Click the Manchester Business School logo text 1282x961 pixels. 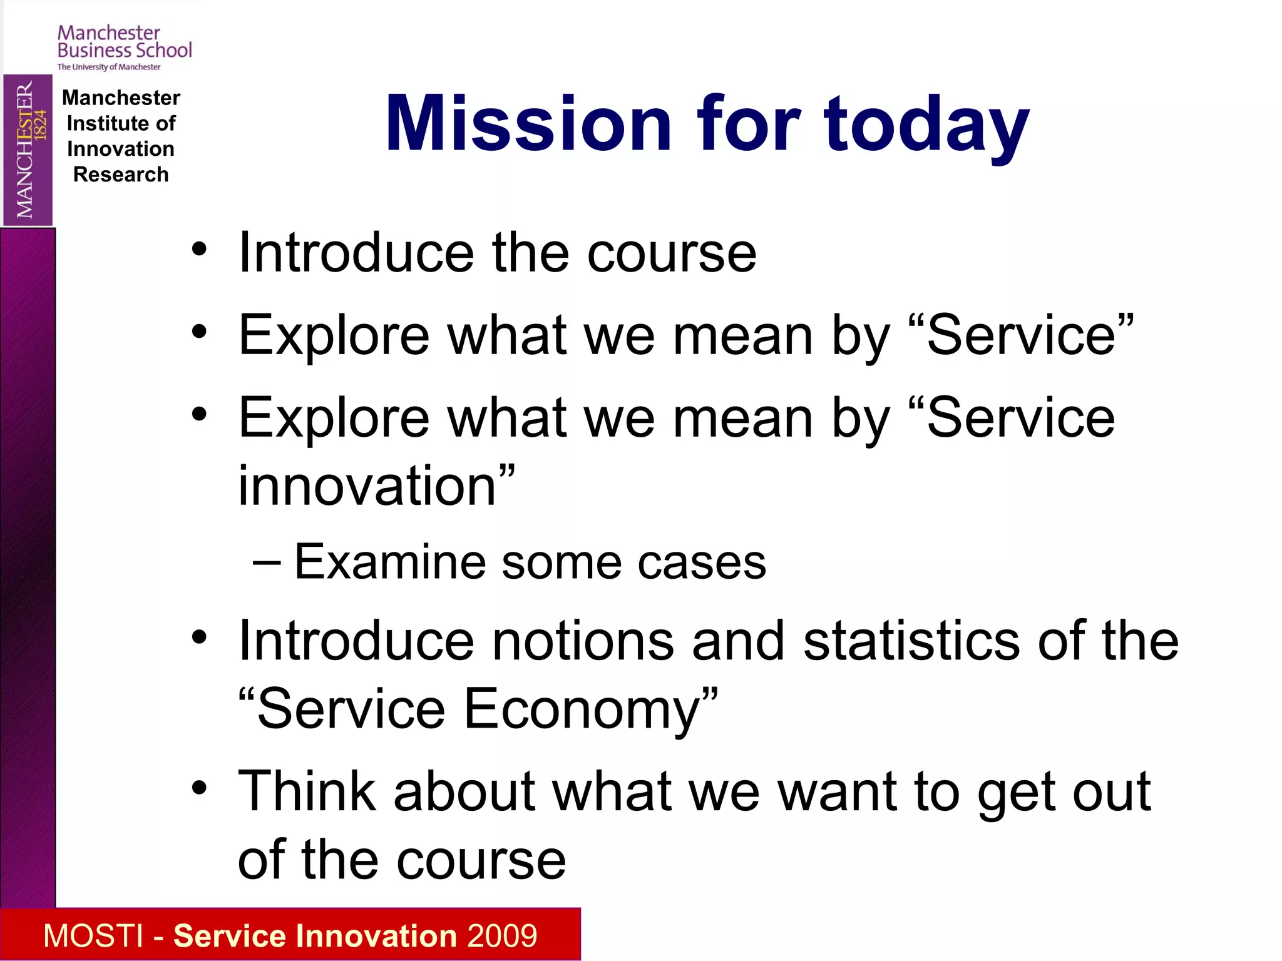pyautogui.click(x=125, y=42)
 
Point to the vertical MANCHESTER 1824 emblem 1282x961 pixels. pyautogui.click(x=28, y=150)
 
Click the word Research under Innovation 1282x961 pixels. pyautogui.click(x=121, y=175)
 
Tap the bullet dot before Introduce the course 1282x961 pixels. pyautogui.click(x=199, y=250)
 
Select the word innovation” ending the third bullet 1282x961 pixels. pyautogui.click(x=376, y=486)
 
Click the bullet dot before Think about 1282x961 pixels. pyautogui.click(x=199, y=788)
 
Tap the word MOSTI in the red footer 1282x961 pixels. pyautogui.click(x=93, y=936)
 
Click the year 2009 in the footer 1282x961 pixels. pyautogui.click(x=502, y=936)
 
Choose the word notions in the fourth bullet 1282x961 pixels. pyautogui.click(x=583, y=641)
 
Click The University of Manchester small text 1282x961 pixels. pyautogui.click(x=109, y=67)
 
